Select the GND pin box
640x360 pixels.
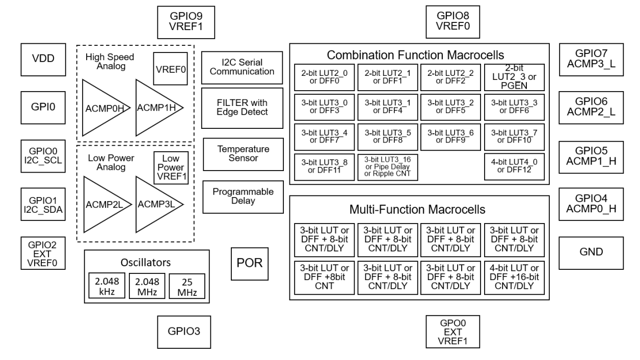tap(584, 252)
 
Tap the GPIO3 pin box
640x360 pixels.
tap(184, 331)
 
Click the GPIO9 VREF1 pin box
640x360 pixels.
tap(184, 22)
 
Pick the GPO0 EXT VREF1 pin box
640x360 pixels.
tap(452, 331)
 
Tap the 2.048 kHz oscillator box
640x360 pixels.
tap(106, 287)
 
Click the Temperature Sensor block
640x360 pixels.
tap(243, 154)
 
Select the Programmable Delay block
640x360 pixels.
tap(243, 197)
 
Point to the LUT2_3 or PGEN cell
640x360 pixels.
tap(514, 76)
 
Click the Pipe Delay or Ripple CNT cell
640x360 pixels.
tap(387, 166)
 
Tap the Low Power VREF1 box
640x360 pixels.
tap(171, 169)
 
